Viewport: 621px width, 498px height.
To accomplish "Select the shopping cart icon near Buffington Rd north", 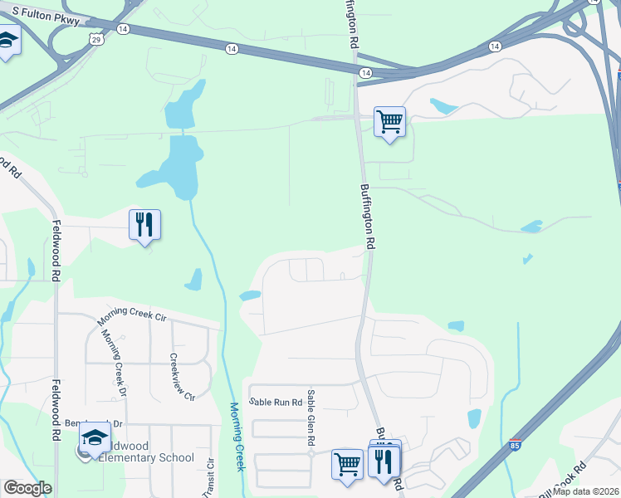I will click(389, 123).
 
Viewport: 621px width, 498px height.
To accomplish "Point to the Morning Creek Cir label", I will click(120, 314).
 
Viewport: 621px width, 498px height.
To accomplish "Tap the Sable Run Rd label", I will click(275, 402).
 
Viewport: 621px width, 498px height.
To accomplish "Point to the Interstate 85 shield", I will click(516, 446).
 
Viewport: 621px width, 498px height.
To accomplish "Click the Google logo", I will click(27, 488).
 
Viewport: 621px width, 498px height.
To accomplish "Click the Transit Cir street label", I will click(210, 479).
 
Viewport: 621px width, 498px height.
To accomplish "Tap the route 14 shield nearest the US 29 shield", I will click(123, 28).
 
